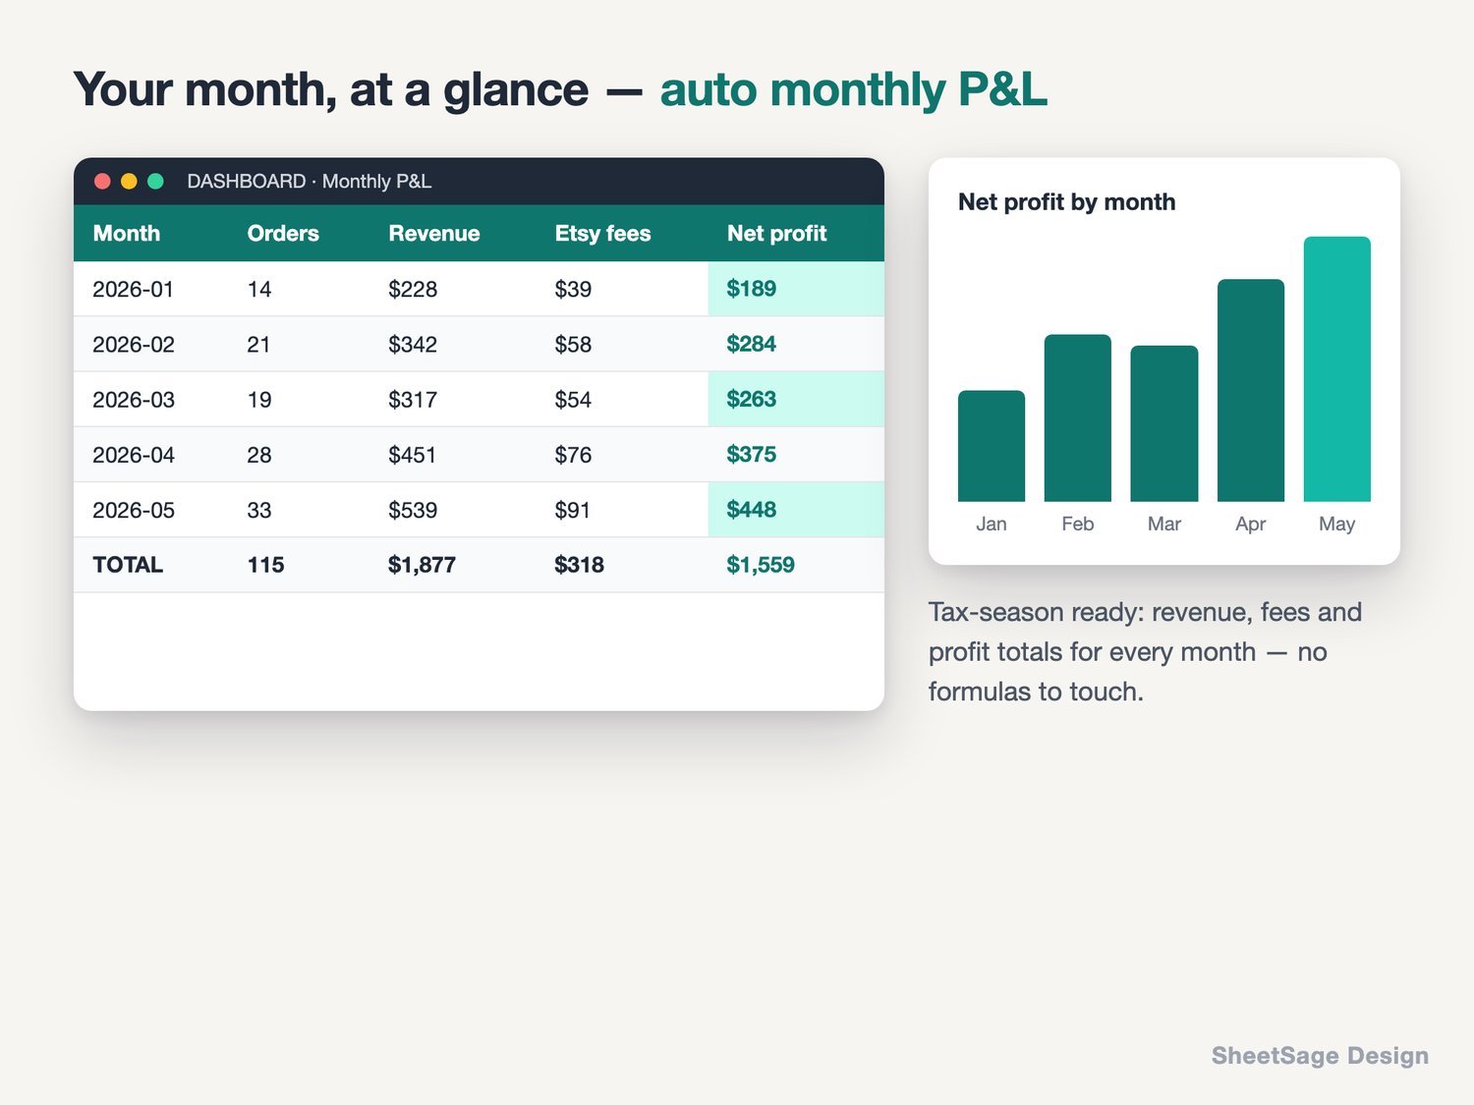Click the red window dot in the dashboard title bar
tap(102, 181)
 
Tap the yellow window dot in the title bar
tap(129, 181)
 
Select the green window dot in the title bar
tap(156, 181)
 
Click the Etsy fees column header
tap(602, 233)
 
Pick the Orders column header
tap(283, 233)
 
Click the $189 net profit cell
tap(751, 289)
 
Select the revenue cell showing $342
tap(413, 344)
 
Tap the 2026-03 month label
tap(133, 399)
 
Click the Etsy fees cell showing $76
tap(573, 455)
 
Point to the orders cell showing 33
tap(259, 510)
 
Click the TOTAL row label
tap(128, 565)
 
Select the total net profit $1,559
tap(761, 565)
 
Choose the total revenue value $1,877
tap(422, 565)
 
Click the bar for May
tap(1337, 369)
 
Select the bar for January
tap(992, 446)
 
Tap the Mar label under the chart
tap(1163, 524)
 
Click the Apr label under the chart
tap(1250, 524)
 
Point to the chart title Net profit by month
tap(1066, 202)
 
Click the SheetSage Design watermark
tap(1320, 1055)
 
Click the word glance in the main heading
tap(516, 90)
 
